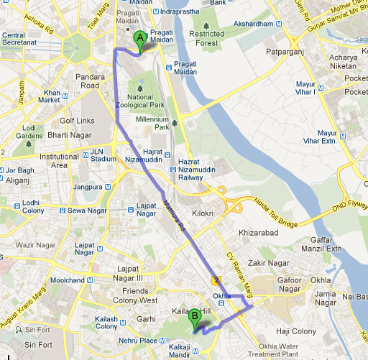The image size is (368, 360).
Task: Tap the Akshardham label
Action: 252,24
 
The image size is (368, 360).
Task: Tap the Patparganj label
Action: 287,52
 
